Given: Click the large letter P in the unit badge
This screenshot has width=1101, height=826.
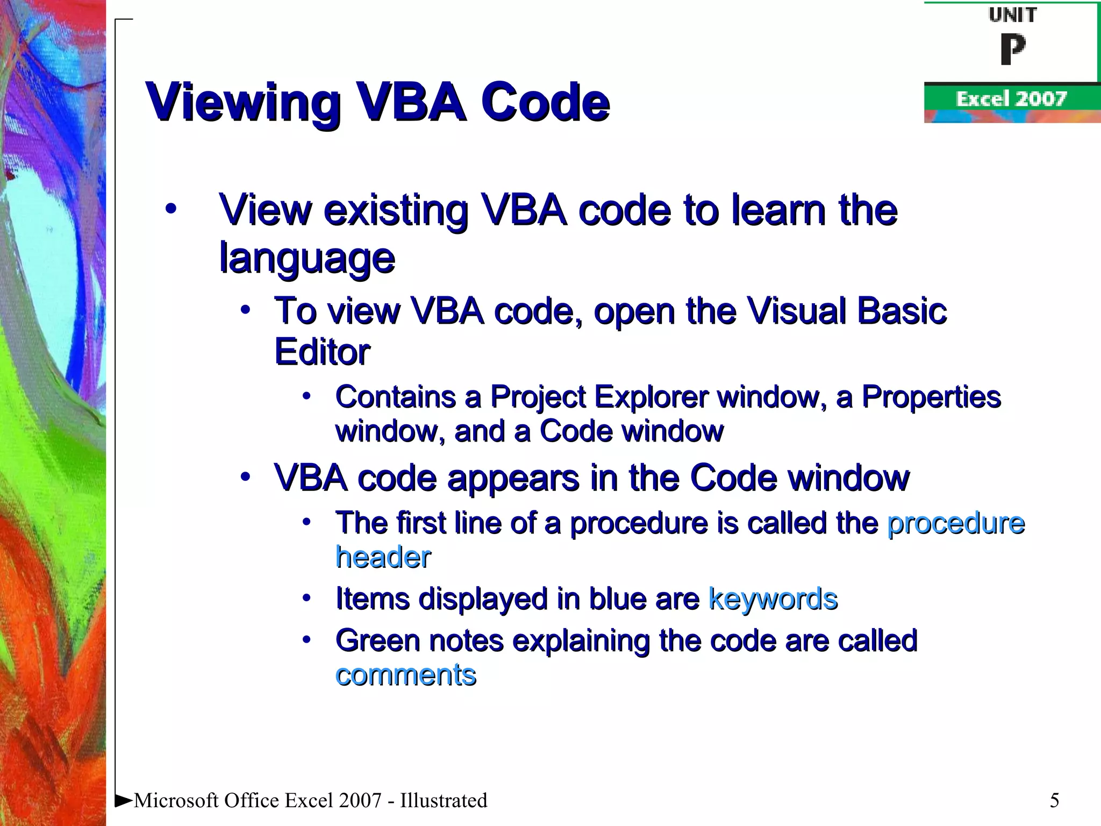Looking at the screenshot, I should click(x=1013, y=49).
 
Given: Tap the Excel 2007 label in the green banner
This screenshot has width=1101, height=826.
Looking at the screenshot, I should click(x=1011, y=99).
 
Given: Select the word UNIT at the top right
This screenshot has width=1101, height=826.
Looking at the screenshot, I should click(x=1013, y=15).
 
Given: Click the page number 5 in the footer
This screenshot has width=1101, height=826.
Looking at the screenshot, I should click(x=1054, y=800).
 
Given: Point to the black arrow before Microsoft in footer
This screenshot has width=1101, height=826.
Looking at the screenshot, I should click(x=124, y=801).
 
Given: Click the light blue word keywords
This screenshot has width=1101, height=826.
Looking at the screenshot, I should click(x=773, y=598).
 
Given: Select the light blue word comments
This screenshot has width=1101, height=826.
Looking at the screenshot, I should click(x=405, y=674).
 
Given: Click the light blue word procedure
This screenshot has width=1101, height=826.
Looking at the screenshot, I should click(x=956, y=523).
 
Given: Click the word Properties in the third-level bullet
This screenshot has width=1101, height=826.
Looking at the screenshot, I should click(x=931, y=397).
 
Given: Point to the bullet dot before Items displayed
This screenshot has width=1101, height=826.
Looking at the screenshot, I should click(x=306, y=598).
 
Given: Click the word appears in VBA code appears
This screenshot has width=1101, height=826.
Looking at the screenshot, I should click(x=513, y=478).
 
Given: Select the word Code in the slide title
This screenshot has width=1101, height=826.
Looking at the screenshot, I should click(x=545, y=102).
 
